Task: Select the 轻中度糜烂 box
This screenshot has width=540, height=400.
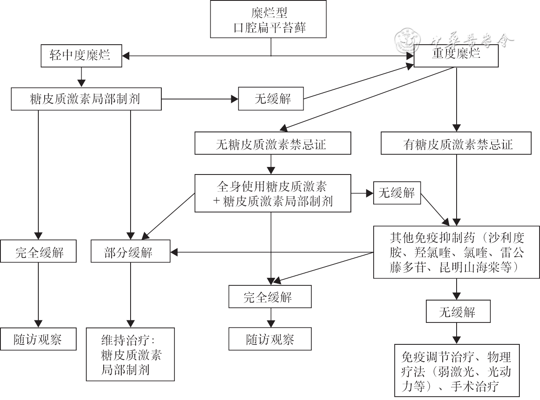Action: coord(81,56)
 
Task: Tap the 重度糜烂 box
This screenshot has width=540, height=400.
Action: coord(456,55)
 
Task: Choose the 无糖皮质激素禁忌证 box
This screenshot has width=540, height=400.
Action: coord(272,143)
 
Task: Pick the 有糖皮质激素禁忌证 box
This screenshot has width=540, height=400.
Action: coord(456,143)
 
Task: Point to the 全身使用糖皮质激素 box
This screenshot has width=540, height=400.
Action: coord(272,193)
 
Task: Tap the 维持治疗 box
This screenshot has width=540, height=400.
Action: coord(131,354)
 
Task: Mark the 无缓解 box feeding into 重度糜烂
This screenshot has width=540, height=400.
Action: coord(270,99)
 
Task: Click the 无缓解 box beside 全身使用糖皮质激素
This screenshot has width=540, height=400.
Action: coord(397,193)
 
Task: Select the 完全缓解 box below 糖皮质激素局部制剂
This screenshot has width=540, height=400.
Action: coord(39,251)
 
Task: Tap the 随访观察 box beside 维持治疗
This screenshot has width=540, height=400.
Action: coord(38,338)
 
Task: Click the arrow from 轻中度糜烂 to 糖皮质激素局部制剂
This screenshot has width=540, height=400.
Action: coord(81,77)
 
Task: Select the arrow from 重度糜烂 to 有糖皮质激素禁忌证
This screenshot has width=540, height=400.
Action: coord(456,99)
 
